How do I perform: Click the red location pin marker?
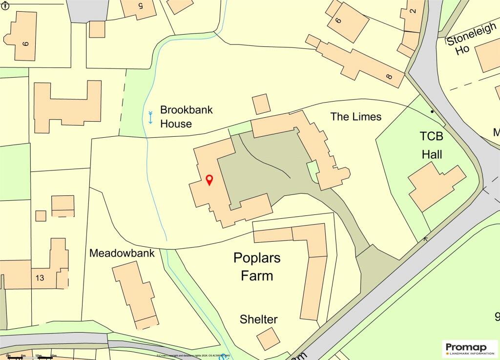209,180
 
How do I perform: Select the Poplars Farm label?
257,266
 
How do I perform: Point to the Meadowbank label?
122,253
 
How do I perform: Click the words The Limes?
355,117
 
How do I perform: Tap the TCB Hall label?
432,145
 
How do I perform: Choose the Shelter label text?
258,319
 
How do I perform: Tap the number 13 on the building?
40,278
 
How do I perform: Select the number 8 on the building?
389,77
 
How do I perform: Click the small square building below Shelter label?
269,339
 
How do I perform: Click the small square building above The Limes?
261,104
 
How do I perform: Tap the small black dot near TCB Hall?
432,112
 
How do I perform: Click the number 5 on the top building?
141,6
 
